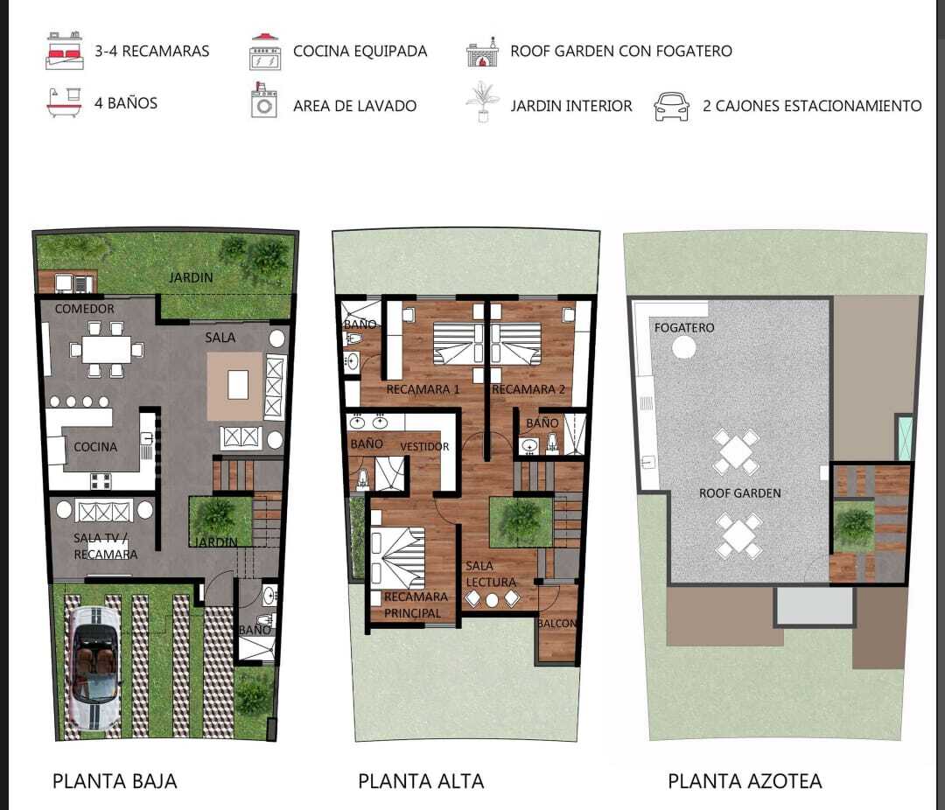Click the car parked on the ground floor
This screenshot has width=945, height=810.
[94, 669]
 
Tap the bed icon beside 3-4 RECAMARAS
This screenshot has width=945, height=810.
[65, 51]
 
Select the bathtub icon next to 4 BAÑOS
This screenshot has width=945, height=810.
[64, 103]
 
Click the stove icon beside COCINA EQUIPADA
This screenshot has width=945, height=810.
[265, 52]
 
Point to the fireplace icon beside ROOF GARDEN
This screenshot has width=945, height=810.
[483, 52]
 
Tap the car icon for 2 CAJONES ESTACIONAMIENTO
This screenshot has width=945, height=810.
[671, 107]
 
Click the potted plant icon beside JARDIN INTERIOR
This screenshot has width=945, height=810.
[483, 101]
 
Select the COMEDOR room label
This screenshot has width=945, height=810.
[84, 309]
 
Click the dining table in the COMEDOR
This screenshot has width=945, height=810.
[106, 350]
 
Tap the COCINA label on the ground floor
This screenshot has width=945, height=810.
[95, 447]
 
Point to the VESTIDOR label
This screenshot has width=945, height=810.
[425, 447]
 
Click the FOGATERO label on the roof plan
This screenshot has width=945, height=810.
[684, 328]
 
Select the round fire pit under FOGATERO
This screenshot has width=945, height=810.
[683, 347]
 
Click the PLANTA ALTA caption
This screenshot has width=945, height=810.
[421, 781]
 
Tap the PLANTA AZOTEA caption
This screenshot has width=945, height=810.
[745, 781]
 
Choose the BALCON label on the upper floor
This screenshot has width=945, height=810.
[556, 623]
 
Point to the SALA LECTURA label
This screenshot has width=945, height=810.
[491, 574]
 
